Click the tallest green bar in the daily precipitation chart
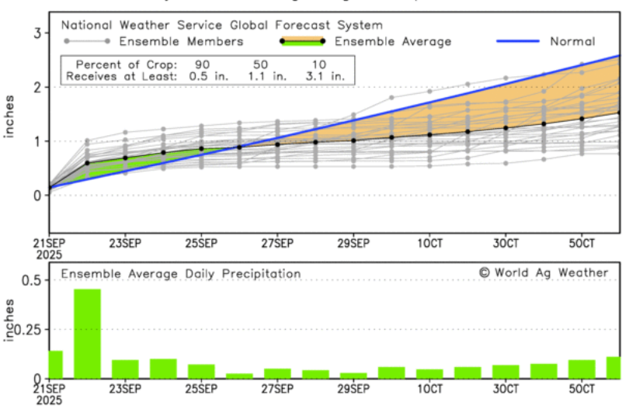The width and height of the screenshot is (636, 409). pyautogui.click(x=87, y=333)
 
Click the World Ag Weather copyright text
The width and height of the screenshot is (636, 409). pyautogui.click(x=543, y=272)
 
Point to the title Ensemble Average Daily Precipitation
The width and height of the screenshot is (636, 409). pyautogui.click(x=180, y=273)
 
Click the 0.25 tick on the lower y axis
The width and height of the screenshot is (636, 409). pyautogui.click(x=28, y=329)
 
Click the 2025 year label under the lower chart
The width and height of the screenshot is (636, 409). pyautogui.click(x=49, y=400)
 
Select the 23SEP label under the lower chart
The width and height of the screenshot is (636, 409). pyautogui.click(x=125, y=387)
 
